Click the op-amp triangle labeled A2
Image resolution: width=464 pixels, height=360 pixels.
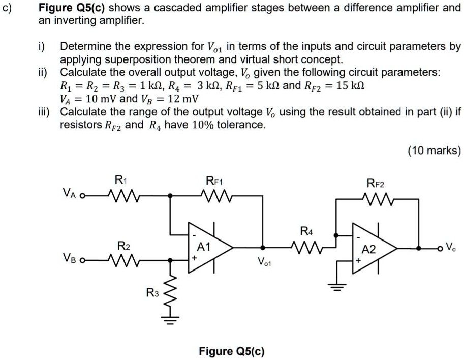372,249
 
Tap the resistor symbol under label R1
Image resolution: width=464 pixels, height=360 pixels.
121,194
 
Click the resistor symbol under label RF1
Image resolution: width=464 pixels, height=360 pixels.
215,194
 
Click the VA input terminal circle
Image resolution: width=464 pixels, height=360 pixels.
82,195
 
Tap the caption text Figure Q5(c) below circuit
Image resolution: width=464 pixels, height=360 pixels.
231,351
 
